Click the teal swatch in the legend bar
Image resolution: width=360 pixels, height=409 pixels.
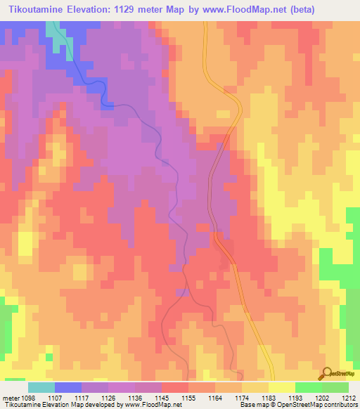click(41, 387)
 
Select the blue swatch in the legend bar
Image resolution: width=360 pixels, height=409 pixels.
click(67, 387)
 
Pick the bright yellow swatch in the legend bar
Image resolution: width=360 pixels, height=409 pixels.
click(281, 387)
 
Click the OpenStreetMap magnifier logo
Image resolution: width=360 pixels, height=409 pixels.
click(327, 373)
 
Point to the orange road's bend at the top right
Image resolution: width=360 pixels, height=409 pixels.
click(236, 98)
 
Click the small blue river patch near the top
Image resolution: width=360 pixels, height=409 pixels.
click(107, 105)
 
